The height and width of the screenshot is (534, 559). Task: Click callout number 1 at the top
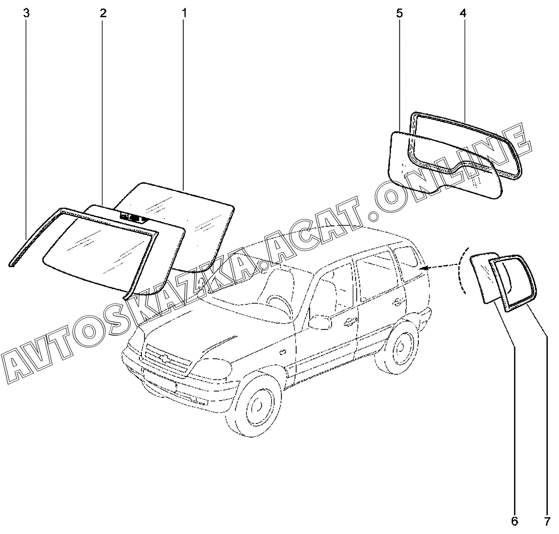point(184,13)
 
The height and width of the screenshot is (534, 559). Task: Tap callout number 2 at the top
point(103,13)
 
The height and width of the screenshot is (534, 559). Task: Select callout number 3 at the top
point(26,13)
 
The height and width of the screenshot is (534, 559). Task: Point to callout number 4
point(463,13)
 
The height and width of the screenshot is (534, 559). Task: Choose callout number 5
point(400,13)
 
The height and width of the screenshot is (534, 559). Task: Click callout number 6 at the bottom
point(514,521)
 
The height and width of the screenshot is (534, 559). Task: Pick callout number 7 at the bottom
point(547,521)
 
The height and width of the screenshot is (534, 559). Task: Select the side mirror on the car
point(320,322)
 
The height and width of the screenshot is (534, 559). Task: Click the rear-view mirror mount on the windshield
point(133,217)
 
